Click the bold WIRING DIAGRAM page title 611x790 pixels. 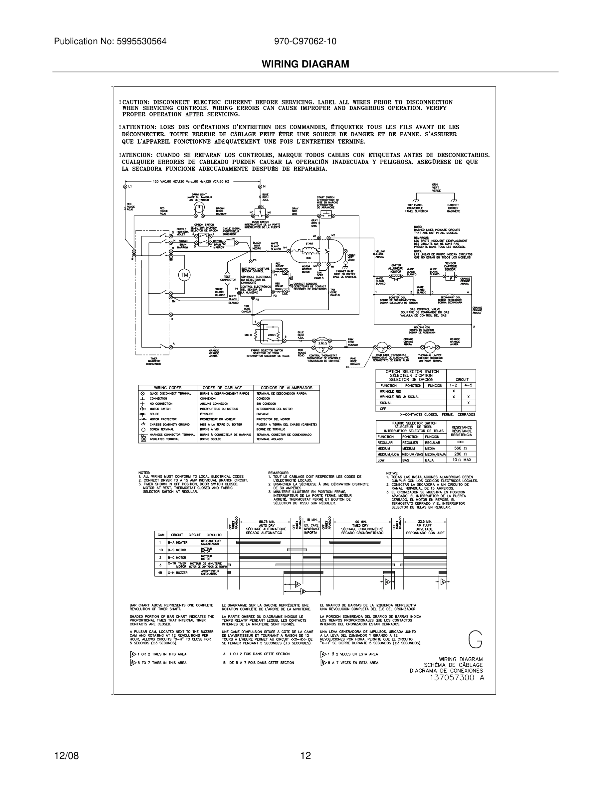coord(305,64)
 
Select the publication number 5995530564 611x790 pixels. coord(141,41)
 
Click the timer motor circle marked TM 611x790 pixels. coord(185,275)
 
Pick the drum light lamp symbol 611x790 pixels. coord(199,207)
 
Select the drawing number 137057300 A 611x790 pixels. coord(457,678)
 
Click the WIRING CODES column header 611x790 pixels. coord(168,388)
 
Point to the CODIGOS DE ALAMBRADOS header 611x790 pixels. coord(286,388)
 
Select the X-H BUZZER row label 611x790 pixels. coord(178,573)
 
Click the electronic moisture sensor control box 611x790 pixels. coord(256,280)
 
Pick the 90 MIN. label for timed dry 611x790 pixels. coord(360,522)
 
